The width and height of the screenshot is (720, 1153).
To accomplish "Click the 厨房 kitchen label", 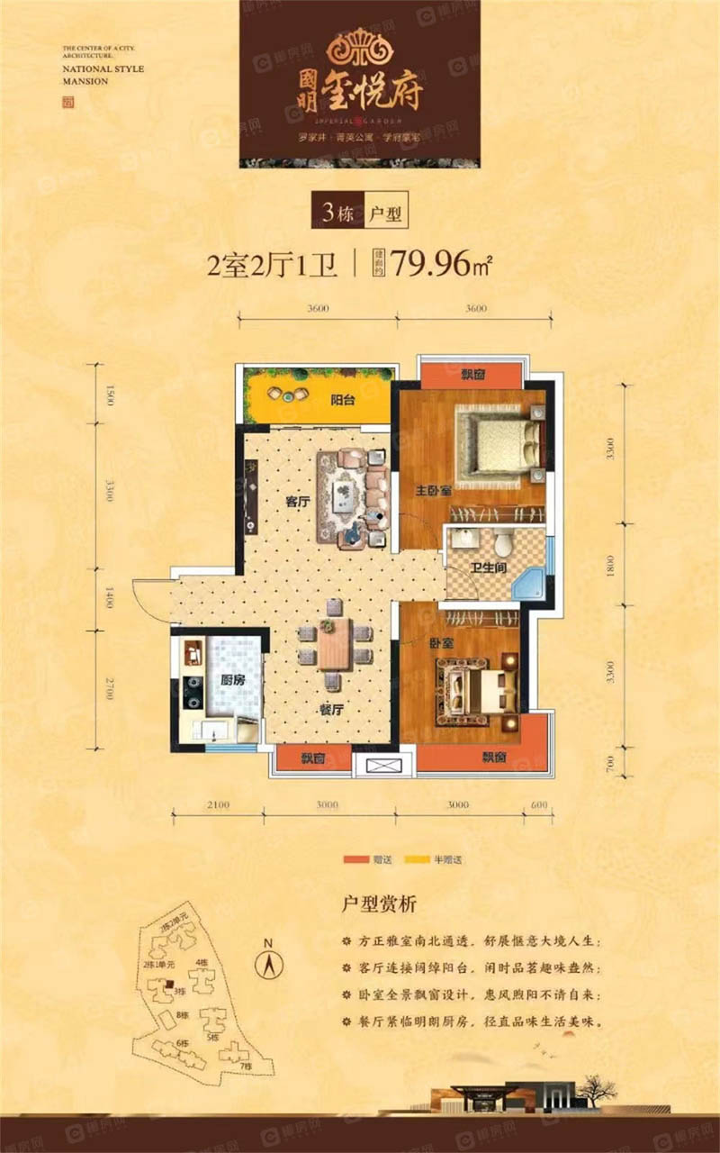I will pyautogui.click(x=232, y=682).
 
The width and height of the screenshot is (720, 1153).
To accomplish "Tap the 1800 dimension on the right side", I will pyautogui.click(x=609, y=567).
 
